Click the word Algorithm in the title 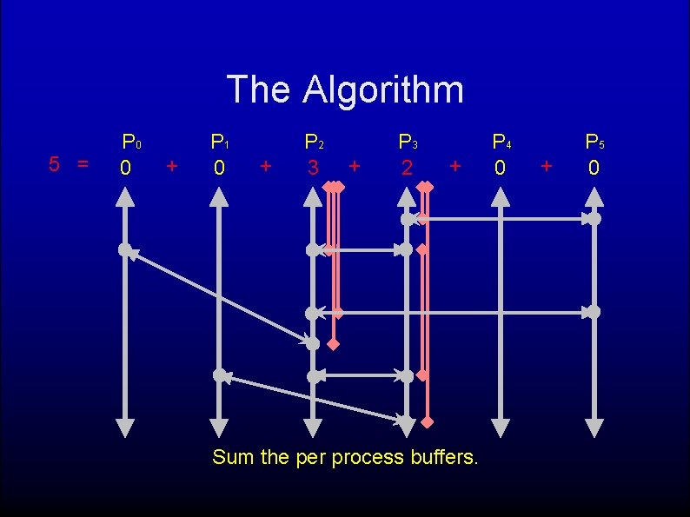pyautogui.click(x=383, y=89)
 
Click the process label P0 pyautogui.click(x=131, y=142)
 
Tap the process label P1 pyautogui.click(x=221, y=142)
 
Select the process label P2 pyautogui.click(x=314, y=142)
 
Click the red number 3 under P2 pyautogui.click(x=313, y=166)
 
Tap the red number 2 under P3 pyautogui.click(x=406, y=166)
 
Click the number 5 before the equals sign pyautogui.click(x=54, y=163)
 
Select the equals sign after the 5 pyautogui.click(x=83, y=163)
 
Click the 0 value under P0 pyautogui.click(x=126, y=166)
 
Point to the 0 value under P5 pyautogui.click(x=594, y=166)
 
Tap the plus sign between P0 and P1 pyautogui.click(x=172, y=164)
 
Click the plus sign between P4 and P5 pyautogui.click(x=547, y=164)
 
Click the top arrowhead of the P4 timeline pyautogui.click(x=500, y=196)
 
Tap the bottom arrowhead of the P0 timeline pyautogui.click(x=125, y=428)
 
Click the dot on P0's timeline pyautogui.click(x=125, y=250)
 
